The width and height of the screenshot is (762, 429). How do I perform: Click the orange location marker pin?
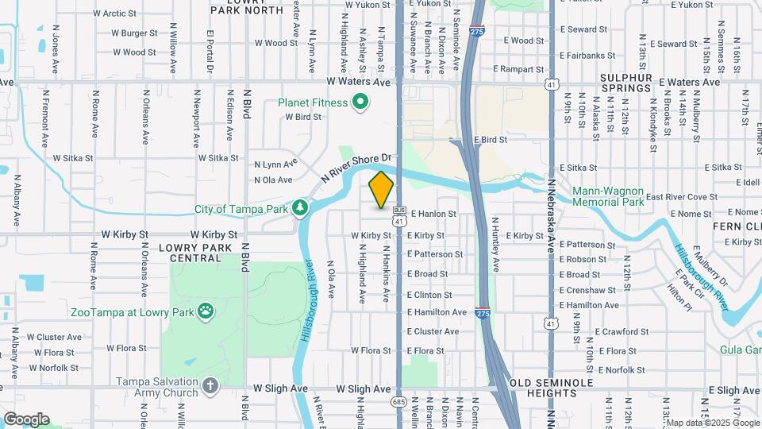click(x=381, y=190)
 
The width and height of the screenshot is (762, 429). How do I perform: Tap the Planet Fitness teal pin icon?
click(x=361, y=102)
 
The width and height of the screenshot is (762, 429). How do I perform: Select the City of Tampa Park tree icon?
click(x=300, y=209)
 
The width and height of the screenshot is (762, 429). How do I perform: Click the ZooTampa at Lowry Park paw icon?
click(x=206, y=311)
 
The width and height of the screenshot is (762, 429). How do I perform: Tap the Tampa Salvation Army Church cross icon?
click(x=210, y=386)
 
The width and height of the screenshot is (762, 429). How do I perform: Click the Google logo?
click(x=26, y=419)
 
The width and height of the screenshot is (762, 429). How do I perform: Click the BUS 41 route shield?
click(x=399, y=216)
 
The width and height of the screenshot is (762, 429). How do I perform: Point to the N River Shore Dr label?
click(x=358, y=168)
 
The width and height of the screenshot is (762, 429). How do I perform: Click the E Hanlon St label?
click(x=433, y=214)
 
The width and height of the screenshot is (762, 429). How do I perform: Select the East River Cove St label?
click(x=681, y=197)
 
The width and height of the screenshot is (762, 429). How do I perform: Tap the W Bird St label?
click(x=303, y=117)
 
